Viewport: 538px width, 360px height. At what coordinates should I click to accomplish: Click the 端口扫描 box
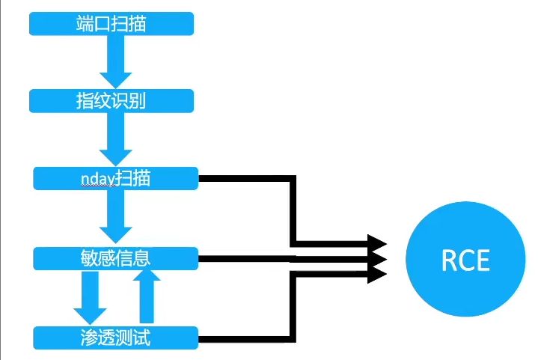pyautogui.click(x=111, y=24)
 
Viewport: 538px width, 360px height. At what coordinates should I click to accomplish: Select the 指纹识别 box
pyautogui.click(x=111, y=101)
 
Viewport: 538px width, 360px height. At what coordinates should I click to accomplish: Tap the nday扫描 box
pyautogui.click(x=115, y=178)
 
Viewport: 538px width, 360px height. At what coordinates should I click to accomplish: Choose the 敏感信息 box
pyautogui.click(x=115, y=258)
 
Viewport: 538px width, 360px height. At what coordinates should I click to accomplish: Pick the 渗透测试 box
pyautogui.click(x=115, y=338)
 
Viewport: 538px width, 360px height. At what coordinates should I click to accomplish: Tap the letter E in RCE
pyautogui.click(x=482, y=260)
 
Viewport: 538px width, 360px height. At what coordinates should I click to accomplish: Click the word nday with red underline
pyautogui.click(x=97, y=179)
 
